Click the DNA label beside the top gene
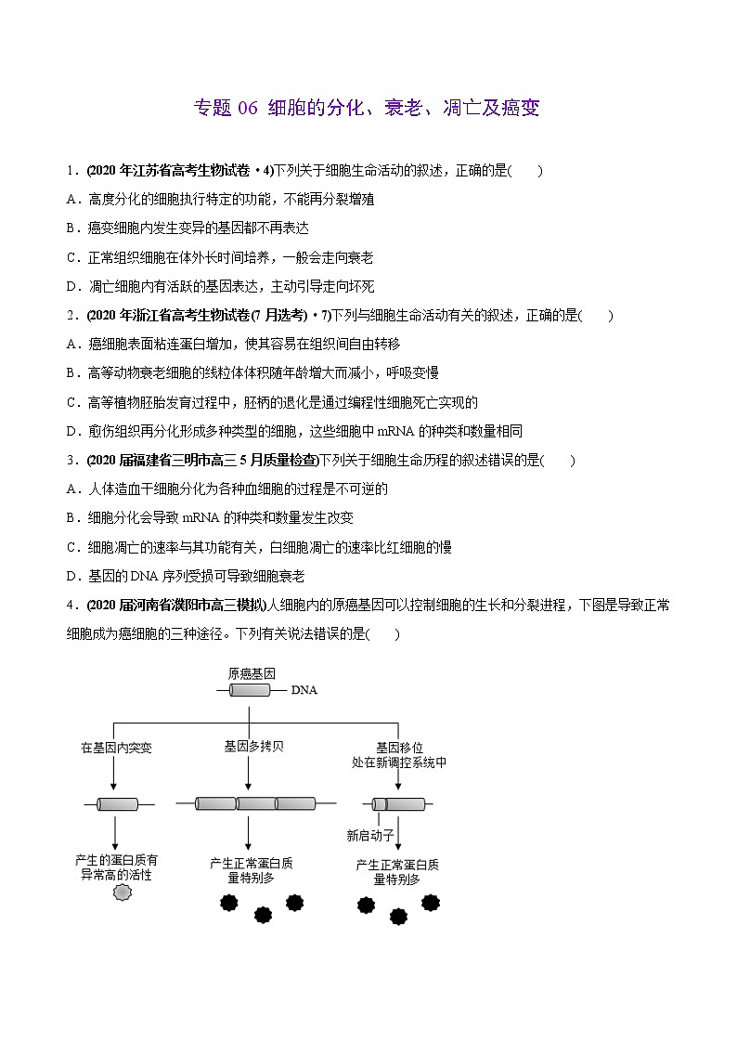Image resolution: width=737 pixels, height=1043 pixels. click(304, 690)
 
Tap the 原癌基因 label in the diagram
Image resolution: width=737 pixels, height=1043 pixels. click(251, 673)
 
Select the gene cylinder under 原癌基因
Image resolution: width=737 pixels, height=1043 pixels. click(250, 689)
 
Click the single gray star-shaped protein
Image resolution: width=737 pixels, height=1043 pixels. click(122, 893)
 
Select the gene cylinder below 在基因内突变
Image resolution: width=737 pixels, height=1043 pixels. click(117, 803)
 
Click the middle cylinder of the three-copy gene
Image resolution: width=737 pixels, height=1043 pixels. click(256, 803)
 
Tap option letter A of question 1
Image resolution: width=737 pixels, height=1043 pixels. click(71, 199)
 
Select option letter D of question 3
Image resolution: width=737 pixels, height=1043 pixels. click(71, 576)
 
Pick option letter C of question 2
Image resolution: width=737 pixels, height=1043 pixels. click(71, 402)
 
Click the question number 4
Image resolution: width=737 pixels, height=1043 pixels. click(71, 606)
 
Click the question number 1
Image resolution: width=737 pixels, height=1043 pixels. click(71, 170)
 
